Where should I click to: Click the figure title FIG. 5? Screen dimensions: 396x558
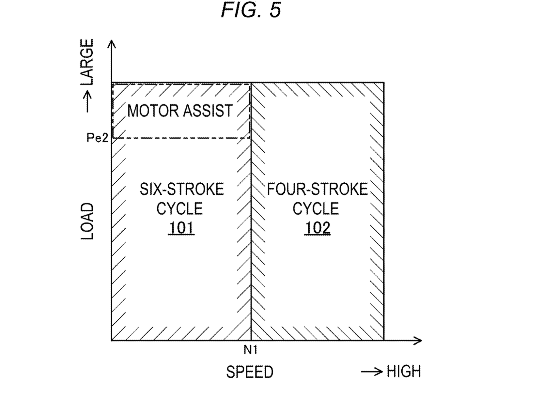[x=251, y=10]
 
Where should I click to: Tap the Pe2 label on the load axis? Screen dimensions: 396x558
[x=97, y=138]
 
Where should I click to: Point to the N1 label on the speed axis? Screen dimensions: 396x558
[x=251, y=350]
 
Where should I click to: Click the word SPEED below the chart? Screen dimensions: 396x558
[x=250, y=372]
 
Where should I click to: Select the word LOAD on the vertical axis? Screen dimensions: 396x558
[x=87, y=221]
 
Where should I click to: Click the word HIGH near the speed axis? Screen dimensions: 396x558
[x=404, y=372]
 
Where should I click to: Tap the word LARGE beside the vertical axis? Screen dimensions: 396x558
[x=87, y=62]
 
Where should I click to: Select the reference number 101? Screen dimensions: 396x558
[x=181, y=228]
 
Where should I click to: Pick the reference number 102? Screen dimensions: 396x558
[x=317, y=228]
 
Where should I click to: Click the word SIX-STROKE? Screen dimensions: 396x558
[x=182, y=189]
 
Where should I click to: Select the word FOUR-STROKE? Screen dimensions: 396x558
[x=317, y=189]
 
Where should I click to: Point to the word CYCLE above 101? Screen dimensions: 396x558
[x=179, y=209]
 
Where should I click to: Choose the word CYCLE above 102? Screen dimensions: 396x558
[x=316, y=209]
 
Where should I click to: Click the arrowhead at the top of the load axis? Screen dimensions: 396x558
[x=112, y=43]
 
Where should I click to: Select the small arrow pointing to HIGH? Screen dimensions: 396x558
[x=372, y=372]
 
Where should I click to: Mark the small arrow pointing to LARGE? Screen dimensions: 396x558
[x=87, y=101]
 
